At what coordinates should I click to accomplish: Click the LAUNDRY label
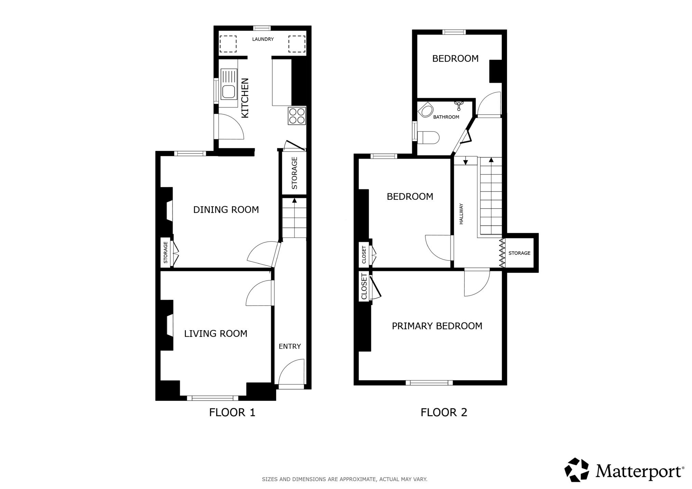(x=263, y=39)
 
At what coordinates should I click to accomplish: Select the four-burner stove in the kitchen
(x=297, y=115)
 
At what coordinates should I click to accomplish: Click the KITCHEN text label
(x=245, y=98)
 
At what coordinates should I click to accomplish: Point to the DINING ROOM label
(x=226, y=210)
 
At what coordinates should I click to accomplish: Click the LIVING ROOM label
(x=216, y=334)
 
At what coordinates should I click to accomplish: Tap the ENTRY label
(x=290, y=347)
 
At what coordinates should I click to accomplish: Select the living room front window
(x=213, y=398)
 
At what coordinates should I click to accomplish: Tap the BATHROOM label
(x=446, y=117)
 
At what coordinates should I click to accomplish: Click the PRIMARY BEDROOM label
(x=437, y=326)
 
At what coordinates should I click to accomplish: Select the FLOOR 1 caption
(x=232, y=413)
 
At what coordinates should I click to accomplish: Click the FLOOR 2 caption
(x=444, y=413)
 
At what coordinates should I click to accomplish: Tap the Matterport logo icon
(x=576, y=470)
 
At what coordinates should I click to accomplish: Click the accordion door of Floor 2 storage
(x=502, y=253)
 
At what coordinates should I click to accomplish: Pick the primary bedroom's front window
(x=429, y=383)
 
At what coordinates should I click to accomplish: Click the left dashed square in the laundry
(x=228, y=44)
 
